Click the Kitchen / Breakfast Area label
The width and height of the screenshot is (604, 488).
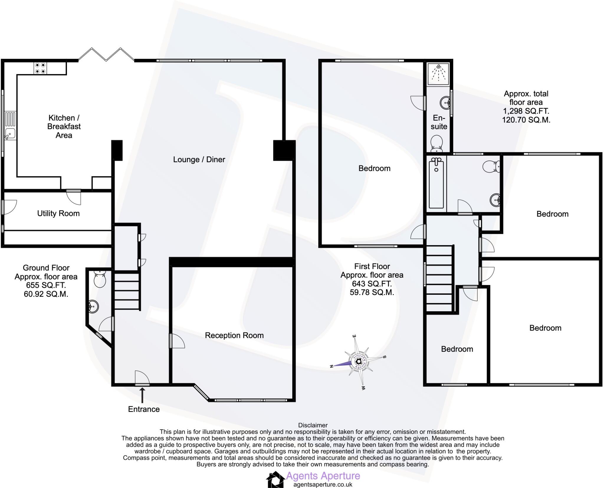tap(64, 126)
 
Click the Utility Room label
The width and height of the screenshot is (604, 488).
tap(58, 213)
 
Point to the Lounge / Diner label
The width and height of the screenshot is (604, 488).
tap(199, 160)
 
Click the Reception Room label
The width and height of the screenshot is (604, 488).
tap(234, 335)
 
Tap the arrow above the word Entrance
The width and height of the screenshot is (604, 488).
tap(142, 395)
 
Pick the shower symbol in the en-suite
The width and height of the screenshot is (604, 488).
tap(439, 73)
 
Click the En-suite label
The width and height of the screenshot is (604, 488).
tap(439, 122)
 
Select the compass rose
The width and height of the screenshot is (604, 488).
tap(359, 362)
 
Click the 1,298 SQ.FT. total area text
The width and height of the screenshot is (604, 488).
tap(526, 111)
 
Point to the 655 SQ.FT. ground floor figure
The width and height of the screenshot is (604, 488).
tap(46, 285)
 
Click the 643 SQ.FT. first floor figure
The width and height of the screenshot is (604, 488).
tap(372, 284)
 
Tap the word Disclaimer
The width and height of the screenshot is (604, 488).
tap(313, 425)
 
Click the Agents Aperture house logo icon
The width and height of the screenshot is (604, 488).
tap(275, 479)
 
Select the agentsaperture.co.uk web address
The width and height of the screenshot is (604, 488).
tap(323, 484)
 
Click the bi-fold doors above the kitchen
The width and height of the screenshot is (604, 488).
tap(106, 55)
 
